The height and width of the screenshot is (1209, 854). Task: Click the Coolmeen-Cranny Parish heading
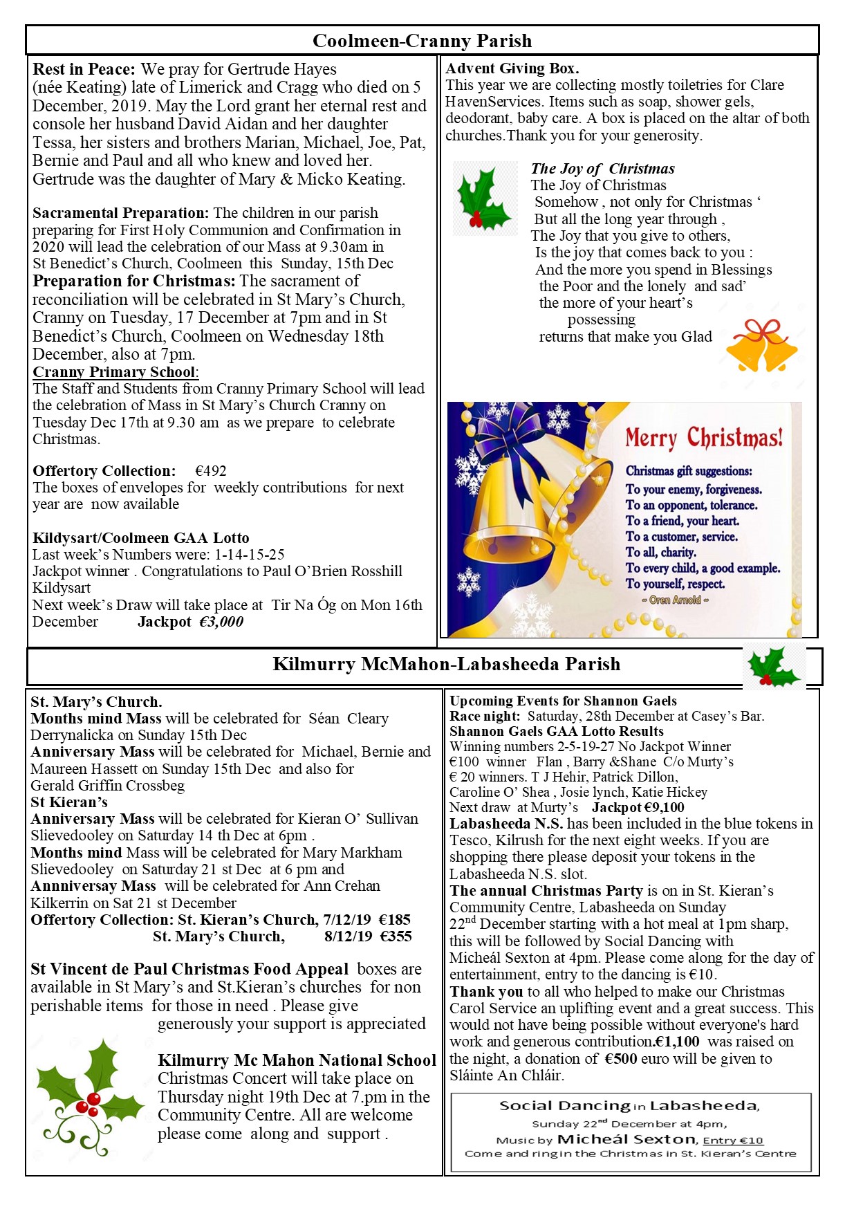click(422, 41)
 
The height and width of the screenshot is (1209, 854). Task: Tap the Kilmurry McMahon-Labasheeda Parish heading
click(446, 664)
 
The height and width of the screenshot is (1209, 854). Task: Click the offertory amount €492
click(211, 471)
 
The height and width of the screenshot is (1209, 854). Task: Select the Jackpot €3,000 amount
click(190, 622)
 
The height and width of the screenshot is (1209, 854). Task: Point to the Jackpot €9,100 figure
click(638, 807)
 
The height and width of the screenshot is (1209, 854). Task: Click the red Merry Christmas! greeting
click(704, 438)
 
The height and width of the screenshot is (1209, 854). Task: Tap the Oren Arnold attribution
click(675, 600)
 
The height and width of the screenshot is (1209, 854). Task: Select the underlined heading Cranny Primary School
click(114, 372)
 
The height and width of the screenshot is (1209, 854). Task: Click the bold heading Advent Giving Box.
click(512, 68)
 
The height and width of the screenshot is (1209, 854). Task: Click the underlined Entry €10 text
click(733, 1141)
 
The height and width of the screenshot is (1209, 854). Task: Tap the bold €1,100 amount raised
click(677, 1042)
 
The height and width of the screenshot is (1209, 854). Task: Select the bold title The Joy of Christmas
click(602, 169)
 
